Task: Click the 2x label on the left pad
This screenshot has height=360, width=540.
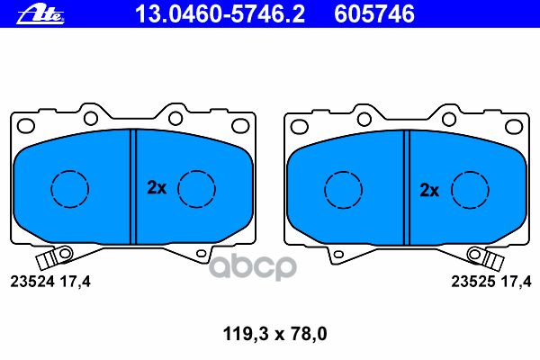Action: point(157,188)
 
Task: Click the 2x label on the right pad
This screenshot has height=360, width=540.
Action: point(429,190)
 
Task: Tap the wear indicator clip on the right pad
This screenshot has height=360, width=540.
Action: point(491,259)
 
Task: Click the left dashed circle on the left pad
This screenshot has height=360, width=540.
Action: point(70,188)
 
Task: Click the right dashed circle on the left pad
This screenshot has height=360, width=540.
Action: point(196,188)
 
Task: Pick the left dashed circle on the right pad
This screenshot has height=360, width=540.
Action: point(342,188)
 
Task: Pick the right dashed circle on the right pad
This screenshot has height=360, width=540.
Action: point(469,188)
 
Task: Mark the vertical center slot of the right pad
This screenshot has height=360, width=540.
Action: point(406,186)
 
